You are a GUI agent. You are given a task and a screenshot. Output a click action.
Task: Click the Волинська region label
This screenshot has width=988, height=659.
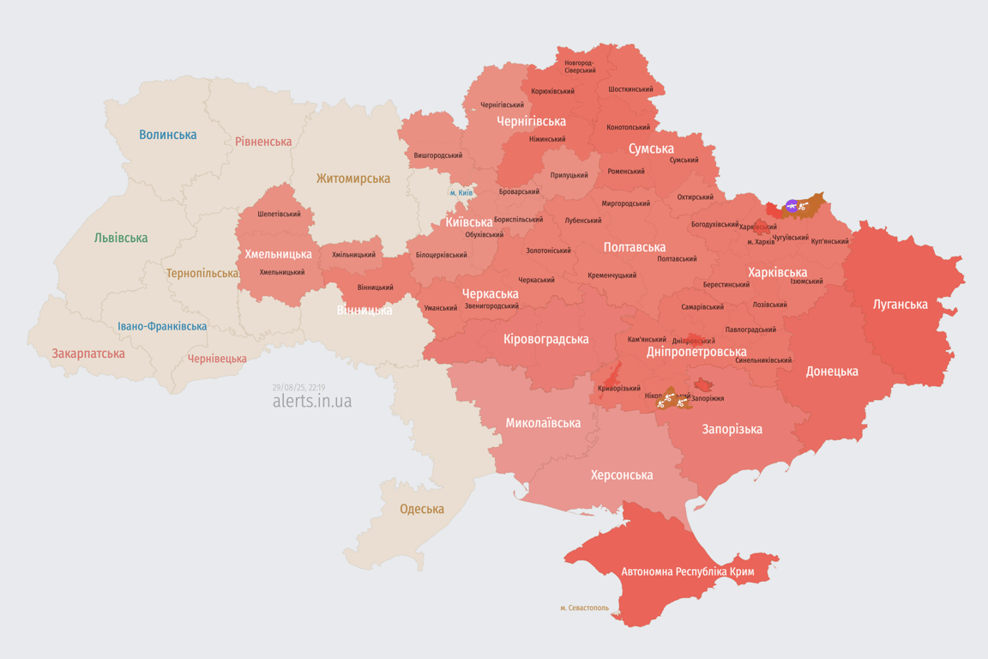click(x=167, y=135)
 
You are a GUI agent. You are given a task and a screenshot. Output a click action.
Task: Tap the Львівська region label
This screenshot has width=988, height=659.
click(x=121, y=238)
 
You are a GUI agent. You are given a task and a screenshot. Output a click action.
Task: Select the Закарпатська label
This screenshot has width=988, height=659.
click(x=88, y=354)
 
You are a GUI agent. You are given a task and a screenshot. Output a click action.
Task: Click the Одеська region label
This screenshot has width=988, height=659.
click(x=422, y=509)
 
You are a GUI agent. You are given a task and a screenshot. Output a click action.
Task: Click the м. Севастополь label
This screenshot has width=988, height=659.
click(x=585, y=608)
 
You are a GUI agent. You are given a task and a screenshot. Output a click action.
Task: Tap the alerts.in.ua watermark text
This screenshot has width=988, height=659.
click(x=311, y=401)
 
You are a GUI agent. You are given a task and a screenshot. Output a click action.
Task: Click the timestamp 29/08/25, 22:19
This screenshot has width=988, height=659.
click(x=298, y=387)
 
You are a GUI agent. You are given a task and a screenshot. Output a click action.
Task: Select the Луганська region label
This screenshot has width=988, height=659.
click(x=900, y=304)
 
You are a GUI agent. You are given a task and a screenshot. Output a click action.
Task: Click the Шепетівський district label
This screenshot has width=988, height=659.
click(x=279, y=214)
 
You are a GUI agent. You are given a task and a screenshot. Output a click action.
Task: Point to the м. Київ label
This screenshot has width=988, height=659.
click(x=461, y=192)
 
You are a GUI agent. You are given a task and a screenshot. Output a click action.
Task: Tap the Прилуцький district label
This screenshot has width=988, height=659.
click(x=569, y=175)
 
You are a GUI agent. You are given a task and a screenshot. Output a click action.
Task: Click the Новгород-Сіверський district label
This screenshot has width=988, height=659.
click(x=580, y=66)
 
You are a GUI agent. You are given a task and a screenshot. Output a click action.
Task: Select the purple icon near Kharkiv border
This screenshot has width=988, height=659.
click(x=792, y=206)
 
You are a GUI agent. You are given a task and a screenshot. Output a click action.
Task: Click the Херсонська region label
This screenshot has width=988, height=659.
click(x=622, y=475)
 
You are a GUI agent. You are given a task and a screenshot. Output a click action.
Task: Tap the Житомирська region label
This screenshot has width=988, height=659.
click(x=352, y=178)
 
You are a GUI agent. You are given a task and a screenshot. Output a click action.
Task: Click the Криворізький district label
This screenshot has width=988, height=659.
click(x=619, y=388)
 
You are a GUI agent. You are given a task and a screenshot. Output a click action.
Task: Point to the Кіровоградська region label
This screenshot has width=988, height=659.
click(x=546, y=339)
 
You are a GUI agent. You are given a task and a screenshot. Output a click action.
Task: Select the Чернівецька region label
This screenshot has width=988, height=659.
click(x=217, y=359)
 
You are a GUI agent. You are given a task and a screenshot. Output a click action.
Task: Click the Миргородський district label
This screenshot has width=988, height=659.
click(x=625, y=203)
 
